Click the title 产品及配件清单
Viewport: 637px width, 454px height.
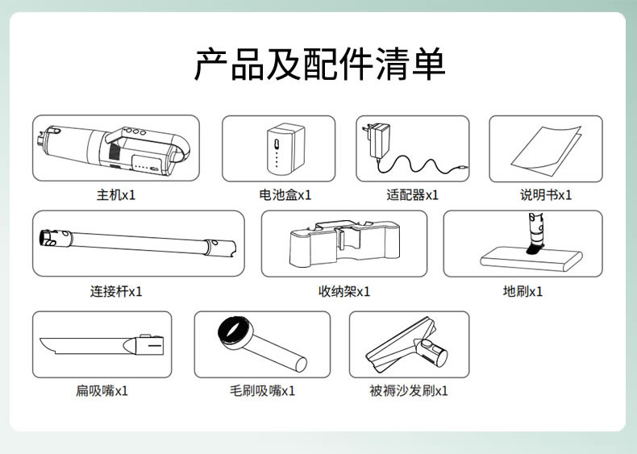(320, 65)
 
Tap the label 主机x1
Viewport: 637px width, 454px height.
(116, 195)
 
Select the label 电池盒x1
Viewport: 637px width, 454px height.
(285, 195)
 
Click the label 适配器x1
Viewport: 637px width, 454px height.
(412, 195)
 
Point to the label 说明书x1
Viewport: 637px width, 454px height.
(546, 195)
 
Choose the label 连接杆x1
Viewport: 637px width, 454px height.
(116, 291)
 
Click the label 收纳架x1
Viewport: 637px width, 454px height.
(344, 291)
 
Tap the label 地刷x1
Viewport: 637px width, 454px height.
(523, 291)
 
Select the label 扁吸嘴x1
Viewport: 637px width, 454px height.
(102, 391)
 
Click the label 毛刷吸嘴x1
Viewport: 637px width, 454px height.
(262, 391)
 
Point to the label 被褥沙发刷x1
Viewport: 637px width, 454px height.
(409, 391)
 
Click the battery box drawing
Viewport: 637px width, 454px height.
(285, 148)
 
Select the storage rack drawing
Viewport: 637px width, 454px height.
(344, 243)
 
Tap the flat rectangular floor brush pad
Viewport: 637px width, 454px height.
(531, 260)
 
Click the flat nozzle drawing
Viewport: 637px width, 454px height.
(102, 344)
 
